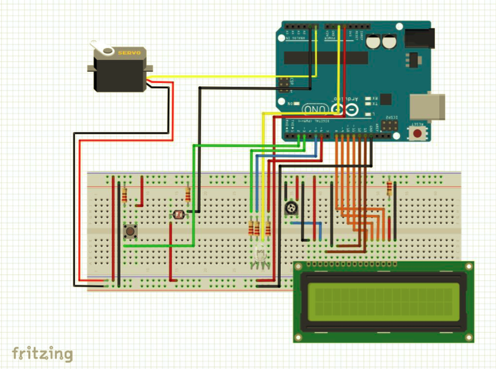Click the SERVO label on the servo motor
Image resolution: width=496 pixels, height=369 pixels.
coord(129,53)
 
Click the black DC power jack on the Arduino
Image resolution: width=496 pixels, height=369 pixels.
coord(418,38)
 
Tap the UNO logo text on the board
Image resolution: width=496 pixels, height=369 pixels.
coord(316,109)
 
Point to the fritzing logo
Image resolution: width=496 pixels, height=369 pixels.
coord(42,353)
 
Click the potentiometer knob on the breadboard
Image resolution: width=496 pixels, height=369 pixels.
coord(290,207)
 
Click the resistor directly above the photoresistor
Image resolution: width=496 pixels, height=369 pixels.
coord(187,194)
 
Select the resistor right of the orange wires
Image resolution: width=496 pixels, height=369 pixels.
coord(389,189)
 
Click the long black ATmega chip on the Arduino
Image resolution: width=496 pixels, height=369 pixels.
coord(326,58)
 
